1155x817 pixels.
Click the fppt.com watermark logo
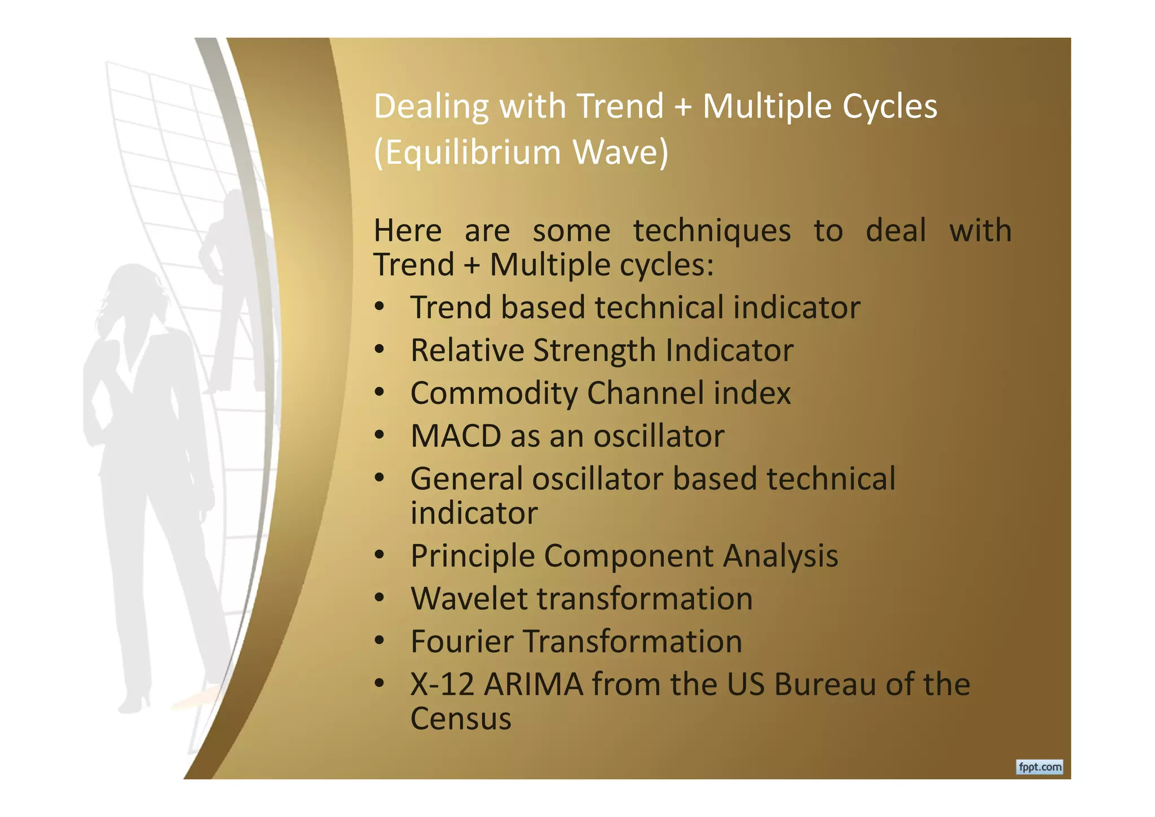click(x=1039, y=767)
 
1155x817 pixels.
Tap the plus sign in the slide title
click(x=682, y=106)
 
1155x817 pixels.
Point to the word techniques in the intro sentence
click(x=712, y=231)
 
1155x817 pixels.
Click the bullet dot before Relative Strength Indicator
click(x=379, y=350)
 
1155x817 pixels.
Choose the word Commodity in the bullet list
click(x=493, y=393)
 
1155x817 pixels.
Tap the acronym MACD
click(x=456, y=436)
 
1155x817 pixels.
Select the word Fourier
click(x=461, y=642)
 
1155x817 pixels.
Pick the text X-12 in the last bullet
click(x=442, y=684)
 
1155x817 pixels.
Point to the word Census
click(x=461, y=719)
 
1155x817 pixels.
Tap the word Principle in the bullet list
click(x=472, y=556)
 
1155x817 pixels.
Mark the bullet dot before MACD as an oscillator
click(x=379, y=436)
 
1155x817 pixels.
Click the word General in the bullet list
click(x=466, y=479)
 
